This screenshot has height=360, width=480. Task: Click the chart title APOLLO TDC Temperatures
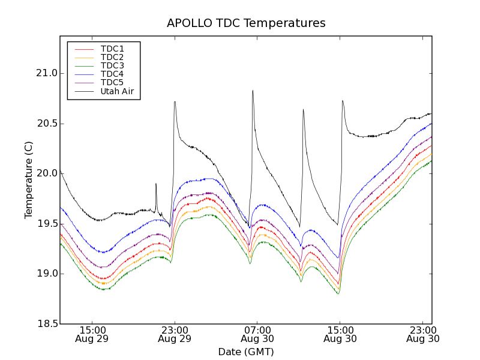(x=246, y=23)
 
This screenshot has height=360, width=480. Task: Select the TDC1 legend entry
(x=112, y=49)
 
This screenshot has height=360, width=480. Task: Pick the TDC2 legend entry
(x=112, y=57)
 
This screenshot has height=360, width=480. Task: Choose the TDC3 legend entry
(x=112, y=65)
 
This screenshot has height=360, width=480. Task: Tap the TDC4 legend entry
(x=112, y=74)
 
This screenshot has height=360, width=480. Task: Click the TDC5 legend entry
(x=112, y=82)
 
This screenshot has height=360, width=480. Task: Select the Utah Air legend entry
(x=116, y=91)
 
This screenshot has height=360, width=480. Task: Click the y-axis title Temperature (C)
(x=29, y=180)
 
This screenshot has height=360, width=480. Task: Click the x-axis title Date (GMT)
(x=246, y=352)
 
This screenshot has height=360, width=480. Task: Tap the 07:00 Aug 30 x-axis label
(x=257, y=334)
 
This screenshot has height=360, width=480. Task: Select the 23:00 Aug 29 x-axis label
(x=174, y=334)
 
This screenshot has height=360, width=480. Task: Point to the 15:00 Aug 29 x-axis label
(x=92, y=334)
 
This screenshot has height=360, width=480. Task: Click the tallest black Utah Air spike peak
(x=253, y=91)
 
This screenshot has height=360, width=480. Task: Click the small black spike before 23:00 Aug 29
(x=156, y=184)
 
